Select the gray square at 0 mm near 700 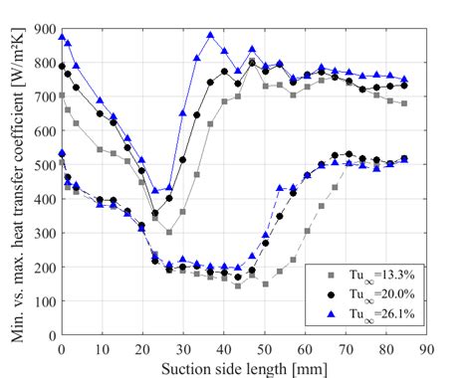[62, 95]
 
